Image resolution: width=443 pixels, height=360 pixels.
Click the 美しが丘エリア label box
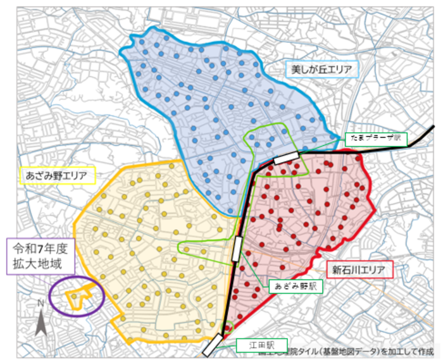coord(321,68)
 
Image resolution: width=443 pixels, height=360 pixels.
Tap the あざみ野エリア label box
coord(57,175)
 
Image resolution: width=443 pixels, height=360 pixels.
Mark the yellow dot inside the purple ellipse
coord(73,295)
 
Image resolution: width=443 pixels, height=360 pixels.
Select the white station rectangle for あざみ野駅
coord(237,248)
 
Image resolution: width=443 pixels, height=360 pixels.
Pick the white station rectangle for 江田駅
coord(213,345)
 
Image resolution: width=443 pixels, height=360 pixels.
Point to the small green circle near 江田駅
coord(228,328)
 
